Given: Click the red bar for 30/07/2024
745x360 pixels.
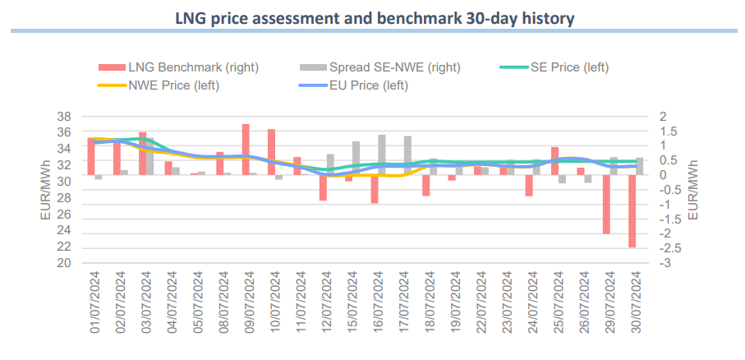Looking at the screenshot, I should click(632, 210).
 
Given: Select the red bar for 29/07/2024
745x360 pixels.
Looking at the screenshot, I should click(606, 204).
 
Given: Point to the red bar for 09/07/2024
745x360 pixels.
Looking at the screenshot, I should click(246, 149).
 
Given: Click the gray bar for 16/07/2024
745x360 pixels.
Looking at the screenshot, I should click(382, 155).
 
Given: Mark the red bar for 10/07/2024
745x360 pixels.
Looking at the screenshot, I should click(271, 152).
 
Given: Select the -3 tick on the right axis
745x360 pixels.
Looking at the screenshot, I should click(669, 264).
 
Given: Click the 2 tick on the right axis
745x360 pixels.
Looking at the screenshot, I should click(665, 116).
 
